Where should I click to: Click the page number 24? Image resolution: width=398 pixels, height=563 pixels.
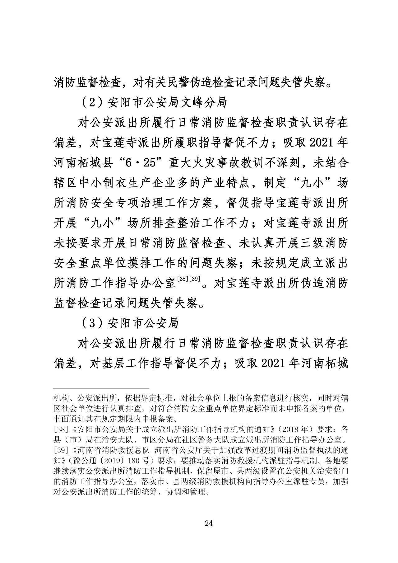209,523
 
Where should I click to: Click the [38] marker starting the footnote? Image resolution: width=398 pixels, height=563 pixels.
59,430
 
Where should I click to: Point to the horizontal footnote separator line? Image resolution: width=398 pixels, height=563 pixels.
101,389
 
